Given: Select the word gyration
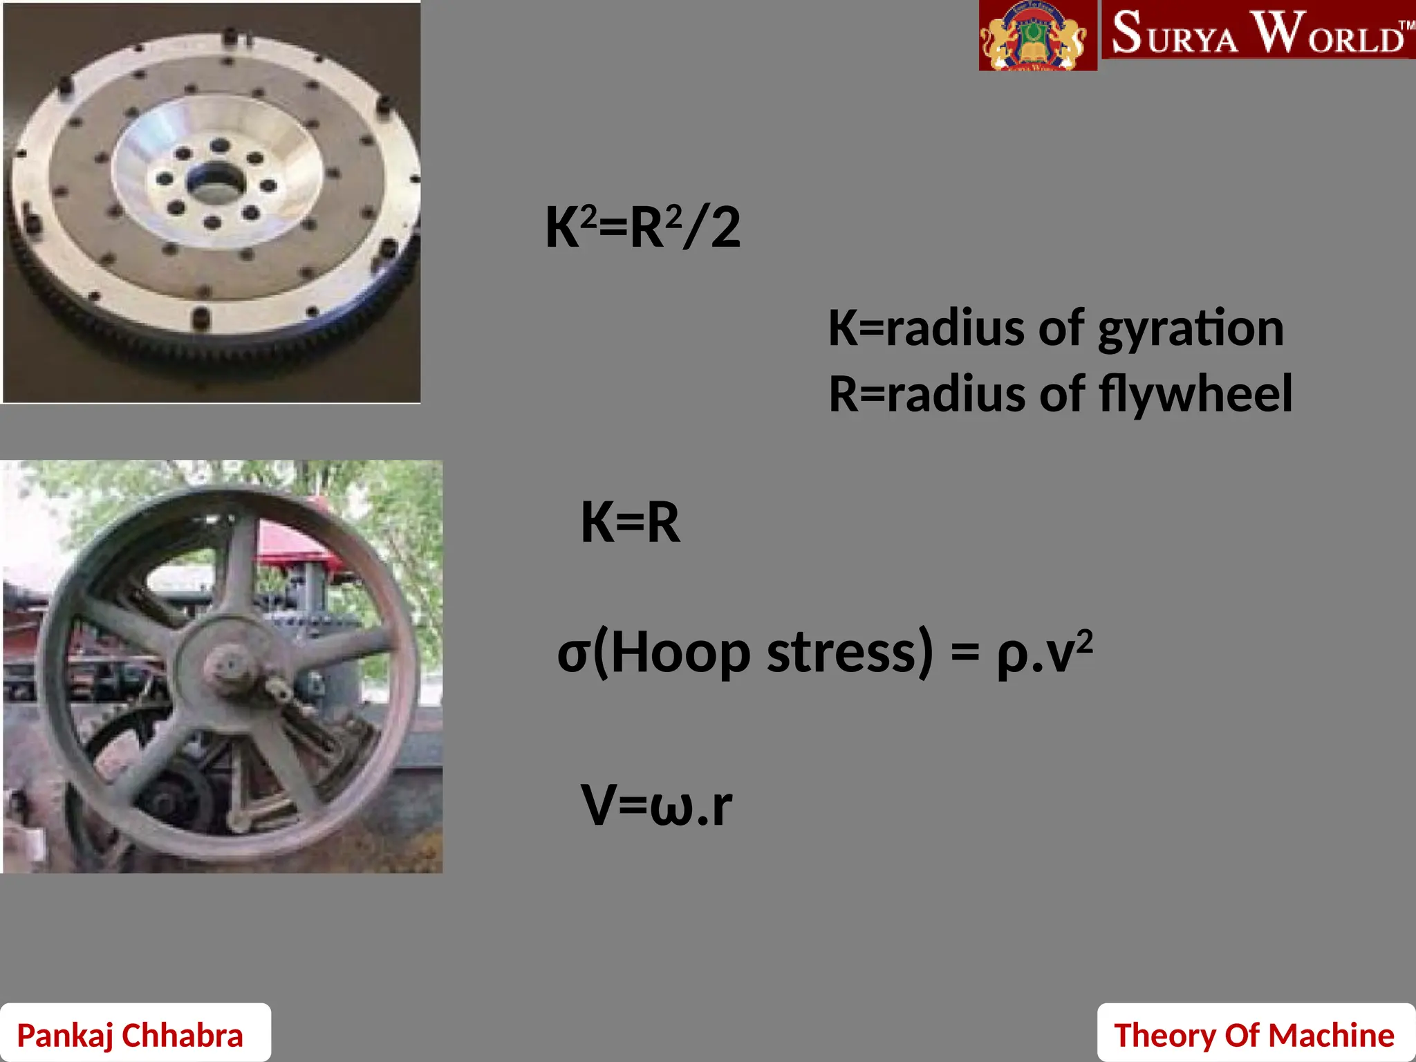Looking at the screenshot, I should [x=1191, y=329].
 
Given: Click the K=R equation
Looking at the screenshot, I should [x=630, y=522].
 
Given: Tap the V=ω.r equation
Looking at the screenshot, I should [x=656, y=805].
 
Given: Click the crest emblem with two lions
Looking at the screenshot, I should [x=1037, y=36].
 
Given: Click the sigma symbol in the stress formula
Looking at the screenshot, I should [x=573, y=654].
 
